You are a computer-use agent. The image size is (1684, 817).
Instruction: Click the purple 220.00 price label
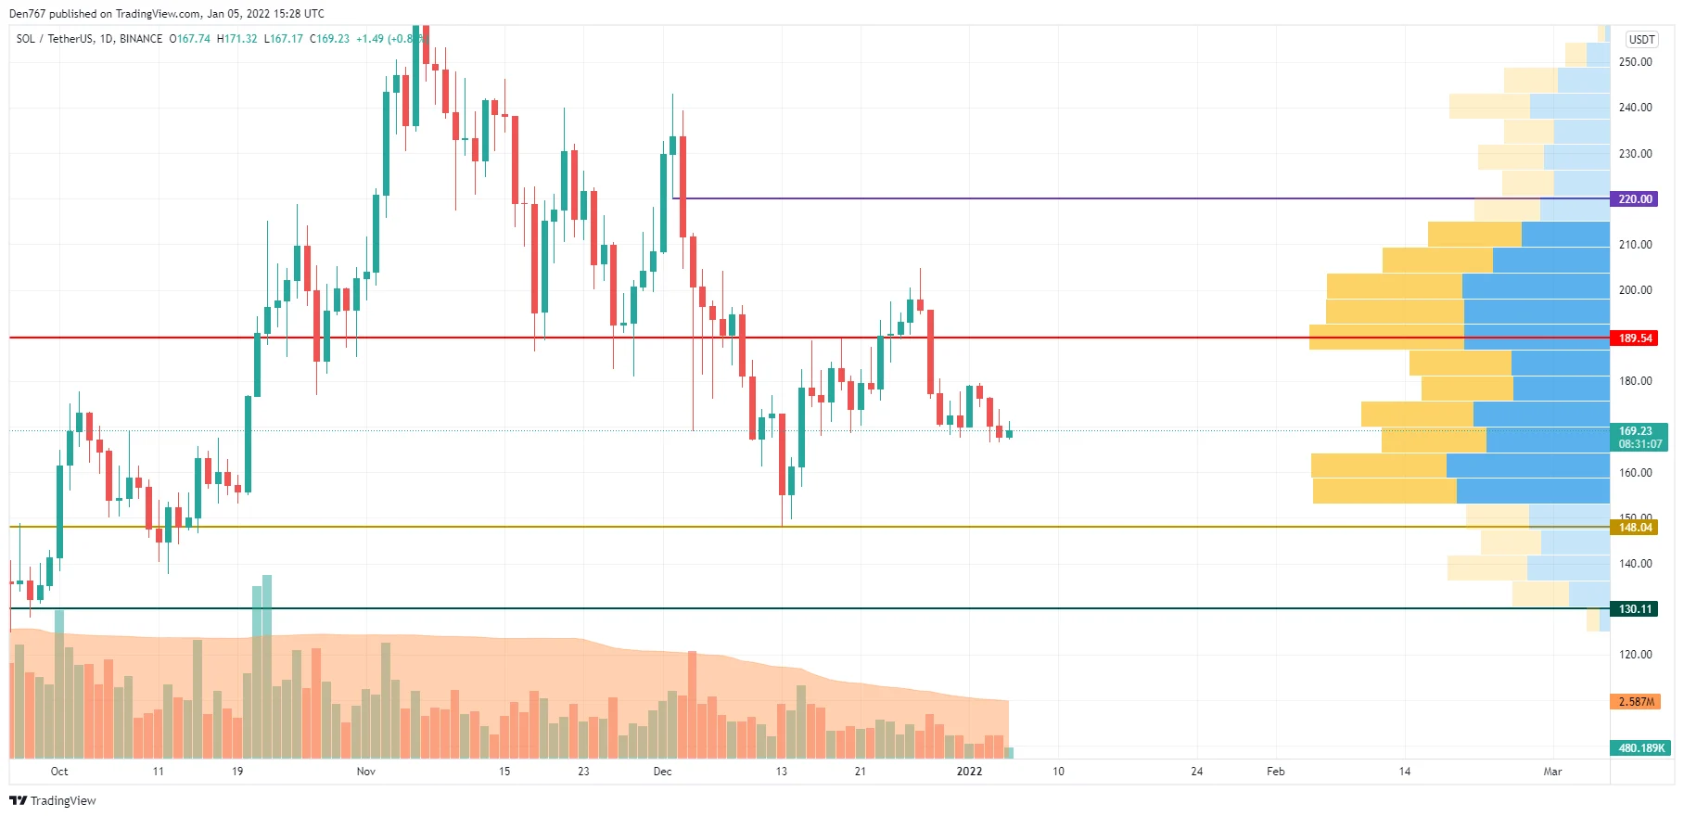pos(1635,199)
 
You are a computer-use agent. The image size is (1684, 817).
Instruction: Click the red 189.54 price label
pos(1635,338)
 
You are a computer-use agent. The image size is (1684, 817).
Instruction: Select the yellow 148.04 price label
pos(1635,528)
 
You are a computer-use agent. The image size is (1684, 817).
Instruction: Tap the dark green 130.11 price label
pos(1635,609)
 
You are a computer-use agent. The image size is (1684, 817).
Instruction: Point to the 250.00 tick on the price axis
pos(1635,62)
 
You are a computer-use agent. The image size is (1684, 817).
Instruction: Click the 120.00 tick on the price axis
pos(1635,655)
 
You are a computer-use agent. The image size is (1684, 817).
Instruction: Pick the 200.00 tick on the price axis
pos(1635,290)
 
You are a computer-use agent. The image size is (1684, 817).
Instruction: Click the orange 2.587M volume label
pos(1636,702)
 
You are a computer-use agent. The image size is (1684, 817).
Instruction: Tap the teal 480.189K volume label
pos(1640,748)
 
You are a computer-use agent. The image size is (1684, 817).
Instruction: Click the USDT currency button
pos(1641,40)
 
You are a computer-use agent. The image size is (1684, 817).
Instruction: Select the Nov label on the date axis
pos(366,772)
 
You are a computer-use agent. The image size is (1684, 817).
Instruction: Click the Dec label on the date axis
pos(662,772)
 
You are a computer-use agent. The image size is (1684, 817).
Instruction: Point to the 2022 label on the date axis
pos(969,772)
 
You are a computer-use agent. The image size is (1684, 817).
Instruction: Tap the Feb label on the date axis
pos(1276,772)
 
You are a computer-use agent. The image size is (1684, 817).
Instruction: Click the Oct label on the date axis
pos(59,772)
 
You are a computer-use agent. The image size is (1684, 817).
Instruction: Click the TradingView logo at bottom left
pos(53,801)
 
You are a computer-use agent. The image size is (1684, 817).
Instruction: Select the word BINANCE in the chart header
pos(141,39)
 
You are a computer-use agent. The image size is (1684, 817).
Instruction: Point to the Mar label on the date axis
pos(1552,772)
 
